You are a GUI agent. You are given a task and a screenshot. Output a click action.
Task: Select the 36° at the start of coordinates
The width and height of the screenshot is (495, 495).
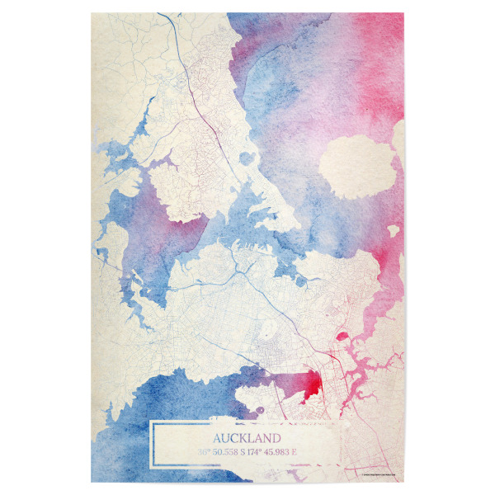coord(204,451)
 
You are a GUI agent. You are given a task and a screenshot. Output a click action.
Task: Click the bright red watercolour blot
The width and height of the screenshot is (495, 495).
coord(312,384)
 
